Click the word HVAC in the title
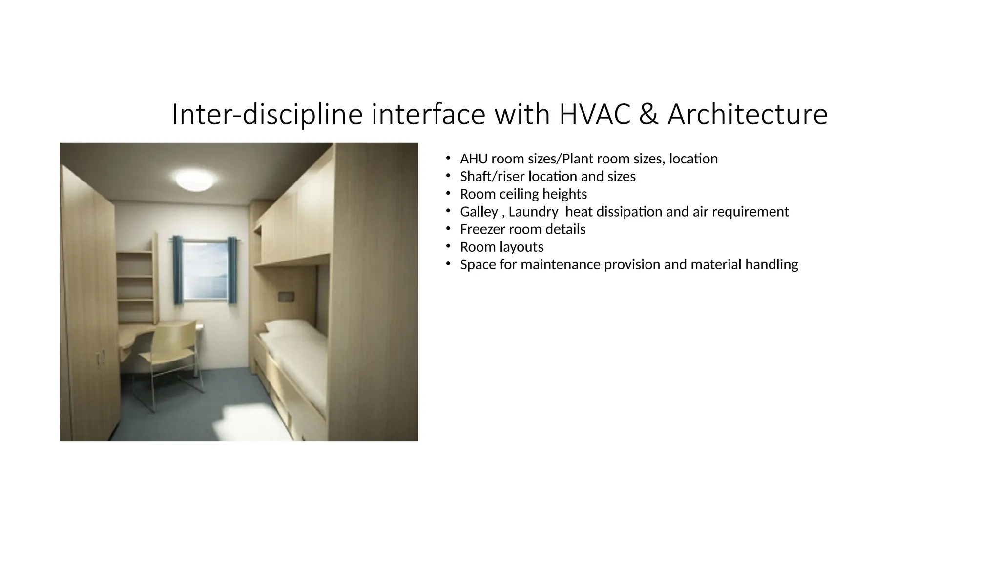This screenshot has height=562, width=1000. pos(594,115)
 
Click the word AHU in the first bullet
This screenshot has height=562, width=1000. pos(474,159)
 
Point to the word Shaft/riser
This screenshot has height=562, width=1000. pos(492,177)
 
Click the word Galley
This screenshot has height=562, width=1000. pos(479,212)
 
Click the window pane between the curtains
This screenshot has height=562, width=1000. pos(205,268)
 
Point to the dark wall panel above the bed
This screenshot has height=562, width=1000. pos(286,296)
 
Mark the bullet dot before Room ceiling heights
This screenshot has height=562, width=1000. pos(447,194)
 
